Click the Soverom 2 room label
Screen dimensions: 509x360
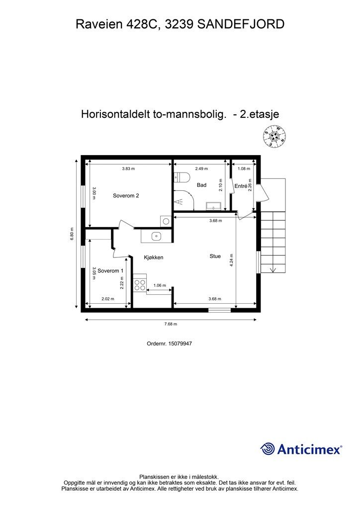pos(126,196)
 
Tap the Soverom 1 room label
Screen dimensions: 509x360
pos(110,271)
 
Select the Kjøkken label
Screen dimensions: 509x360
pos(154,257)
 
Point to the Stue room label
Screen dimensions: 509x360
pos(215,256)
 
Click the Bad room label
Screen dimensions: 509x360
pos(201,185)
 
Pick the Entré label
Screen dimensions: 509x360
pos(241,186)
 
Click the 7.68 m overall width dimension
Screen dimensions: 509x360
pos(171,324)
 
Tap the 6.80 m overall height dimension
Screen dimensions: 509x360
pos(72,234)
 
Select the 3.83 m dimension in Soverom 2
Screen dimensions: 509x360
pos(128,169)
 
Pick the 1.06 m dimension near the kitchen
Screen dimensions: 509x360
pos(160,285)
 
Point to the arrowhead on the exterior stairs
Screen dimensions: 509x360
pos(272,270)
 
